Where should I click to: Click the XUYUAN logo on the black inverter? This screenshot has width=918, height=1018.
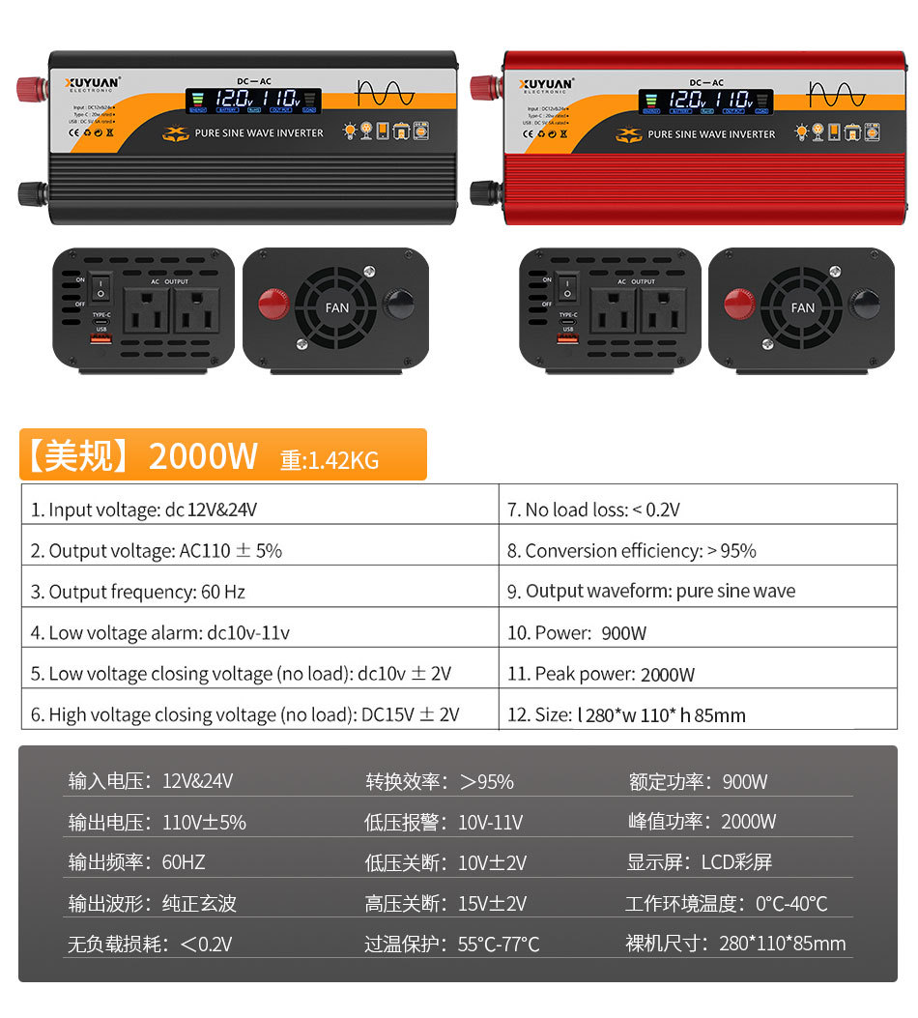click(x=92, y=84)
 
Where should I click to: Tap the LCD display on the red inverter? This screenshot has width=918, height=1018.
click(x=704, y=101)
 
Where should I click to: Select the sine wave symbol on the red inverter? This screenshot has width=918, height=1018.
click(x=837, y=93)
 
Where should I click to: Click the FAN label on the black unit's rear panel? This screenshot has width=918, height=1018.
click(x=337, y=308)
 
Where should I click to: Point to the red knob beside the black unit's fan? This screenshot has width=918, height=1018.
click(x=273, y=304)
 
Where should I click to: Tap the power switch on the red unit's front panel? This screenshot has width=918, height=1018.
click(x=570, y=287)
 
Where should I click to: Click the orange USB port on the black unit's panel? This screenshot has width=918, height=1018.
click(x=101, y=338)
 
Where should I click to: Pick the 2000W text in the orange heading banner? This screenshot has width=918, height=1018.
click(x=203, y=456)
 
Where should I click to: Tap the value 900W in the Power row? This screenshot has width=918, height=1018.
click(x=623, y=633)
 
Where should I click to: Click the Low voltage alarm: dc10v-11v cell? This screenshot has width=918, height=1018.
click(x=159, y=633)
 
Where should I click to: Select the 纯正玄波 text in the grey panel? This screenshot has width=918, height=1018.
click(x=199, y=904)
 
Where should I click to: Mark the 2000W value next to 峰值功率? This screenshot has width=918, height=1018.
click(x=748, y=822)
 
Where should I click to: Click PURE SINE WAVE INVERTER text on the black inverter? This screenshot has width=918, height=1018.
click(x=259, y=133)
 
